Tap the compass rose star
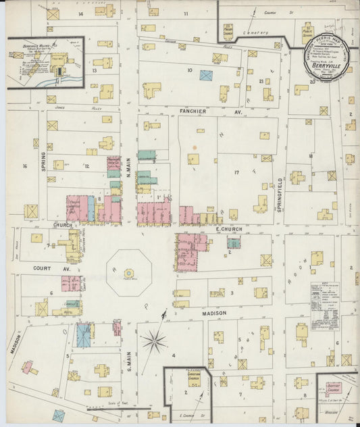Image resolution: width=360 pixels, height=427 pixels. [154, 341]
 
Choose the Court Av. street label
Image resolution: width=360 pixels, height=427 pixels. [43, 268]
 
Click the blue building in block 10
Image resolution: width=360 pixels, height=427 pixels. [206, 75]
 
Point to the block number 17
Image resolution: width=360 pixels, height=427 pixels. [236, 172]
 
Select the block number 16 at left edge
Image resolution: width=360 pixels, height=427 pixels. [24, 166]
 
